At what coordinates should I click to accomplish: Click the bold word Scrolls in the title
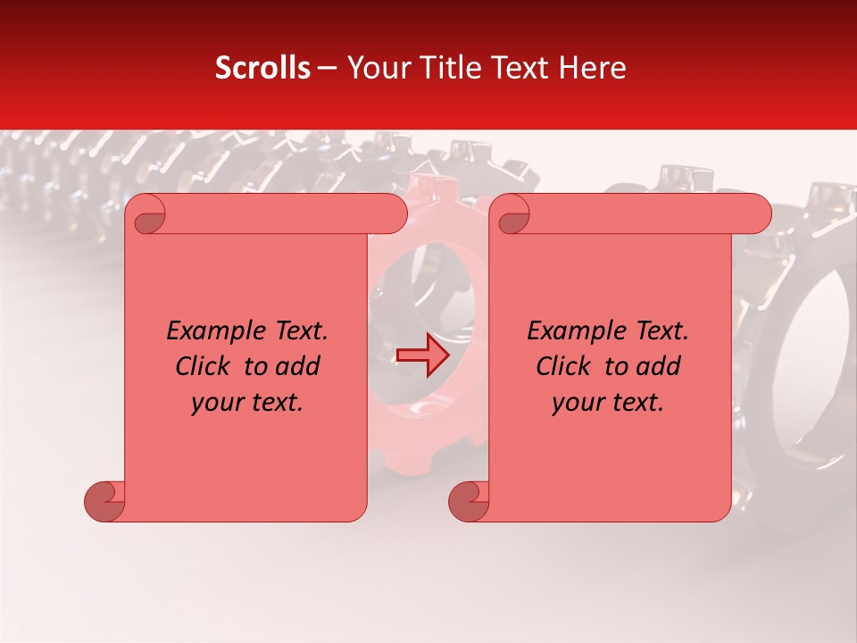(x=262, y=68)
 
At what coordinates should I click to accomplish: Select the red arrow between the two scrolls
(x=423, y=356)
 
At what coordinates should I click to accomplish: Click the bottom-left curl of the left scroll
(x=104, y=502)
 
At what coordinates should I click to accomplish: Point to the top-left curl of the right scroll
(x=512, y=215)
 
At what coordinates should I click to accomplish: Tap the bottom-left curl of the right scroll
(x=468, y=502)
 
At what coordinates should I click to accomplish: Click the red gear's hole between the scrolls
(x=420, y=295)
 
